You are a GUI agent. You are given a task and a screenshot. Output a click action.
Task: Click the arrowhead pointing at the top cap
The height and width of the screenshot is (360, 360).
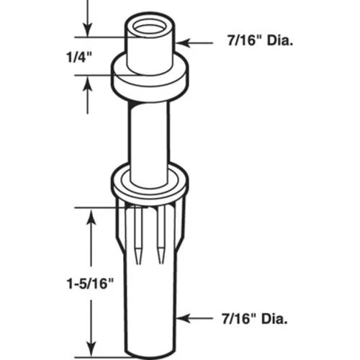coord(181,42)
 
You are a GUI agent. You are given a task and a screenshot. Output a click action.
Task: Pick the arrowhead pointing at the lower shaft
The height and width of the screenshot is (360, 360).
coord(184,316)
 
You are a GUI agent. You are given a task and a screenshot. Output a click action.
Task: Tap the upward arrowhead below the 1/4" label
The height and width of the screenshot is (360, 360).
coord(87,84)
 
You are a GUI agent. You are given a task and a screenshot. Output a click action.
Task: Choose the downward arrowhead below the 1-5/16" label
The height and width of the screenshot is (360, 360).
coord(91,347)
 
